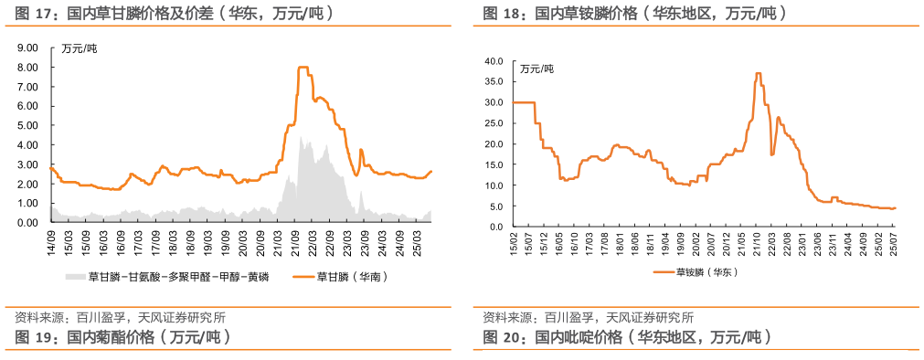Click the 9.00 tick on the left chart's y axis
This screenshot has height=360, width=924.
click(27, 48)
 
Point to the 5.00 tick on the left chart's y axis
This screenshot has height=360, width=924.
click(27, 125)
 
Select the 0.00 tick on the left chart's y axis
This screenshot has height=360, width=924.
click(27, 222)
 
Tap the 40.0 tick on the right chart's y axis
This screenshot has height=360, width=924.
click(494, 61)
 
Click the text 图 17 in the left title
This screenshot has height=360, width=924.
click(33, 15)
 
